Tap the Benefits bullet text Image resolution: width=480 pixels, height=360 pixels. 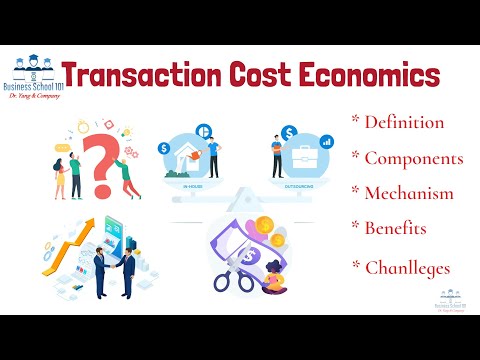point(395,228)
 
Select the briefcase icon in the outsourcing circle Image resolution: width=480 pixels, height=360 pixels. point(304,158)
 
